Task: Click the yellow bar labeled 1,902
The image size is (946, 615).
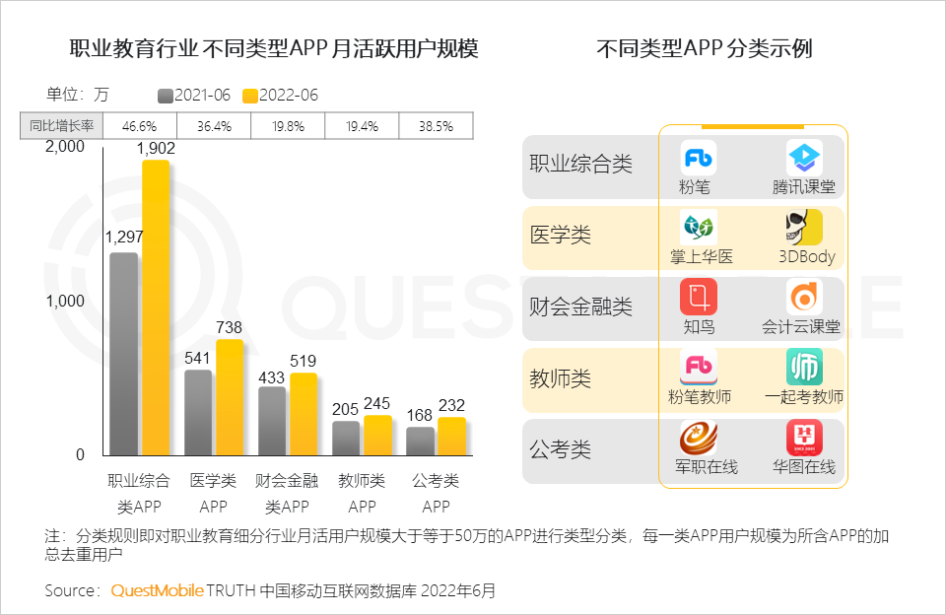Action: tap(156, 307)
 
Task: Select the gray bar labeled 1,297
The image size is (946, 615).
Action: tap(124, 355)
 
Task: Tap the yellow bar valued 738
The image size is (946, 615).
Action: tap(230, 397)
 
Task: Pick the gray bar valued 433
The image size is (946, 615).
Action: tap(272, 421)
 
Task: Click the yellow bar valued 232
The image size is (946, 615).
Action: tap(451, 437)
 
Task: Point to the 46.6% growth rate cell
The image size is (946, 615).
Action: tap(139, 126)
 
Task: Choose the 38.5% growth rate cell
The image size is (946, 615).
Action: tap(436, 126)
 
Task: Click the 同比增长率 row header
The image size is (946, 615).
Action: tap(61, 126)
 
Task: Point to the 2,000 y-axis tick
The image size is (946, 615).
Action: tap(66, 147)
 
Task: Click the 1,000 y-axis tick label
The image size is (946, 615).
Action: tap(66, 302)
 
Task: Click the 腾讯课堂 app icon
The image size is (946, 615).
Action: tap(804, 158)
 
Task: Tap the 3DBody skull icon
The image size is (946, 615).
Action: tap(804, 228)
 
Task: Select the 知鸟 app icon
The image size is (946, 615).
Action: tap(699, 298)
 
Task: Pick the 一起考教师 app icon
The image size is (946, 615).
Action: tap(804, 368)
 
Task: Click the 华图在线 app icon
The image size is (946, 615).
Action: tap(804, 438)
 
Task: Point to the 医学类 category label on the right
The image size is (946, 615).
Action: tap(561, 237)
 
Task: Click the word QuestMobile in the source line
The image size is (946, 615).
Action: tap(157, 591)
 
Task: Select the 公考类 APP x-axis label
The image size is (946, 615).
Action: tap(436, 494)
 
